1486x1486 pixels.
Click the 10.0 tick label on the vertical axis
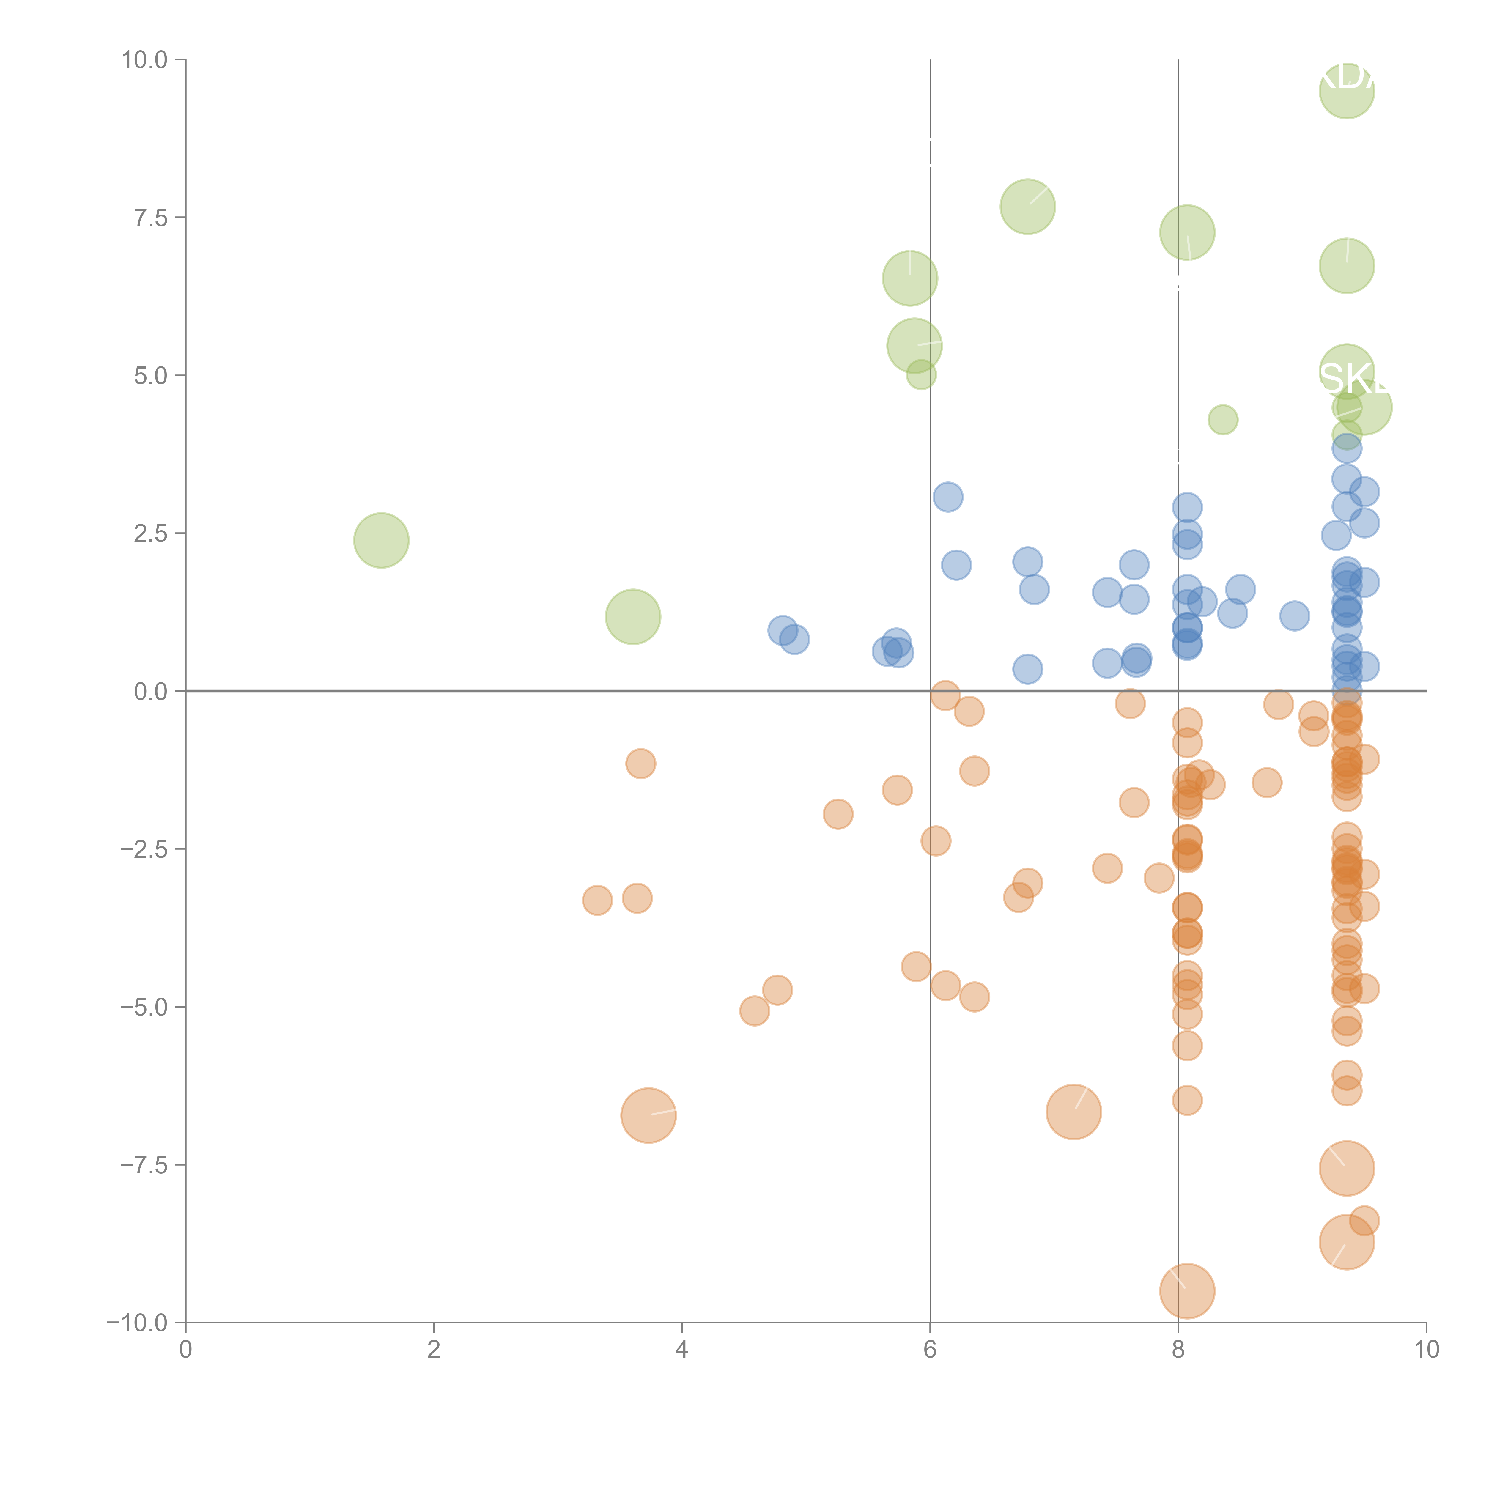click(x=145, y=60)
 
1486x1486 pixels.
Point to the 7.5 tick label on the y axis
click(x=151, y=218)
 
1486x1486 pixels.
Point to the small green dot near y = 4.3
click(x=1223, y=420)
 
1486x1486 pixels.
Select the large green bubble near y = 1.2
click(x=633, y=617)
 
